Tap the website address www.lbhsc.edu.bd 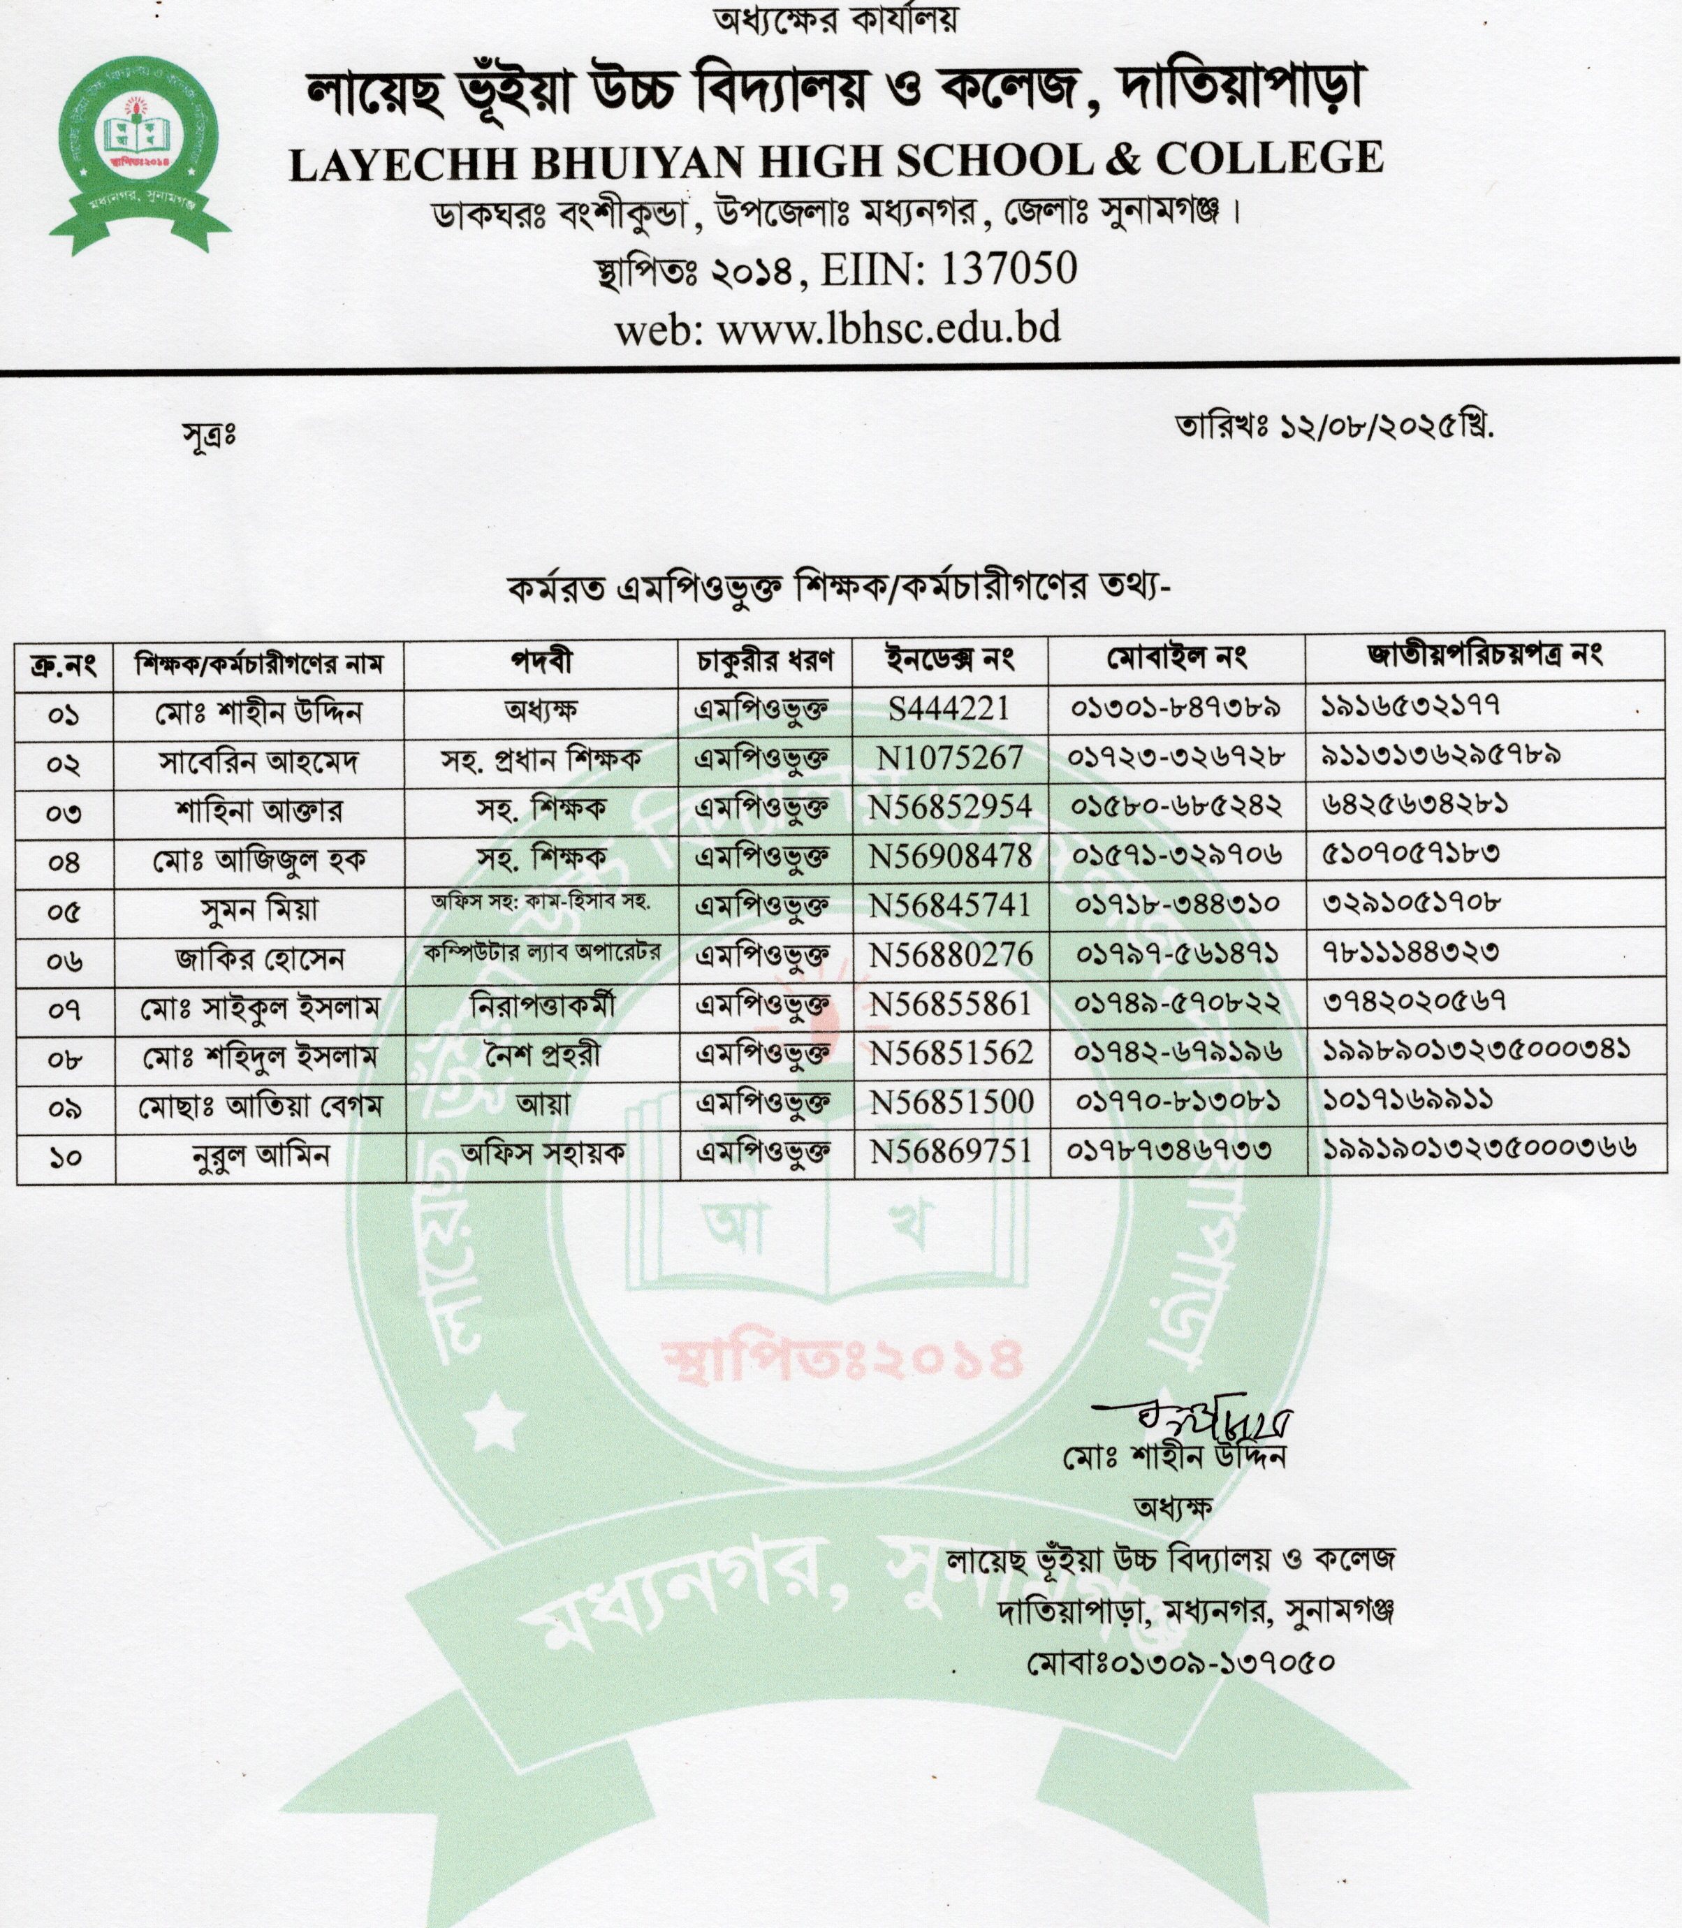pos(889,328)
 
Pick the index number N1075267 pos(950,757)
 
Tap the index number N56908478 pos(950,856)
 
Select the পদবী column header pos(541,661)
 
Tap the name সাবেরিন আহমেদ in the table pos(259,761)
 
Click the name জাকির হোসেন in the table pos(260,958)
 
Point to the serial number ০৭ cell pos(64,1010)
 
